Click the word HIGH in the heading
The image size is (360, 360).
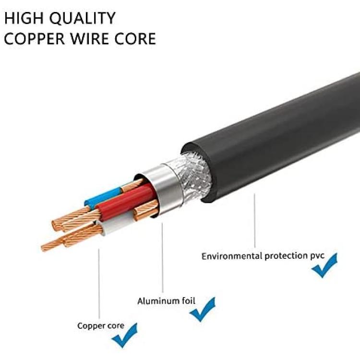coord(24,18)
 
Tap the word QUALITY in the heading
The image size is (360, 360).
coord(83,18)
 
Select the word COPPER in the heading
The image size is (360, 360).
coord(35,38)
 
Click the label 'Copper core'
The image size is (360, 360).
coord(101,325)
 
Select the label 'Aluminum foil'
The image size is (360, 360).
coord(166,301)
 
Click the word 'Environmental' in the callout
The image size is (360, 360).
coord(232,256)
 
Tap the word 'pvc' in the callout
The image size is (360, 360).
coord(317,256)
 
